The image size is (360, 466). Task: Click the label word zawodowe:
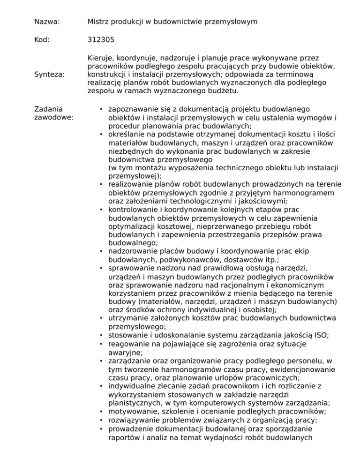click(x=53, y=116)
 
